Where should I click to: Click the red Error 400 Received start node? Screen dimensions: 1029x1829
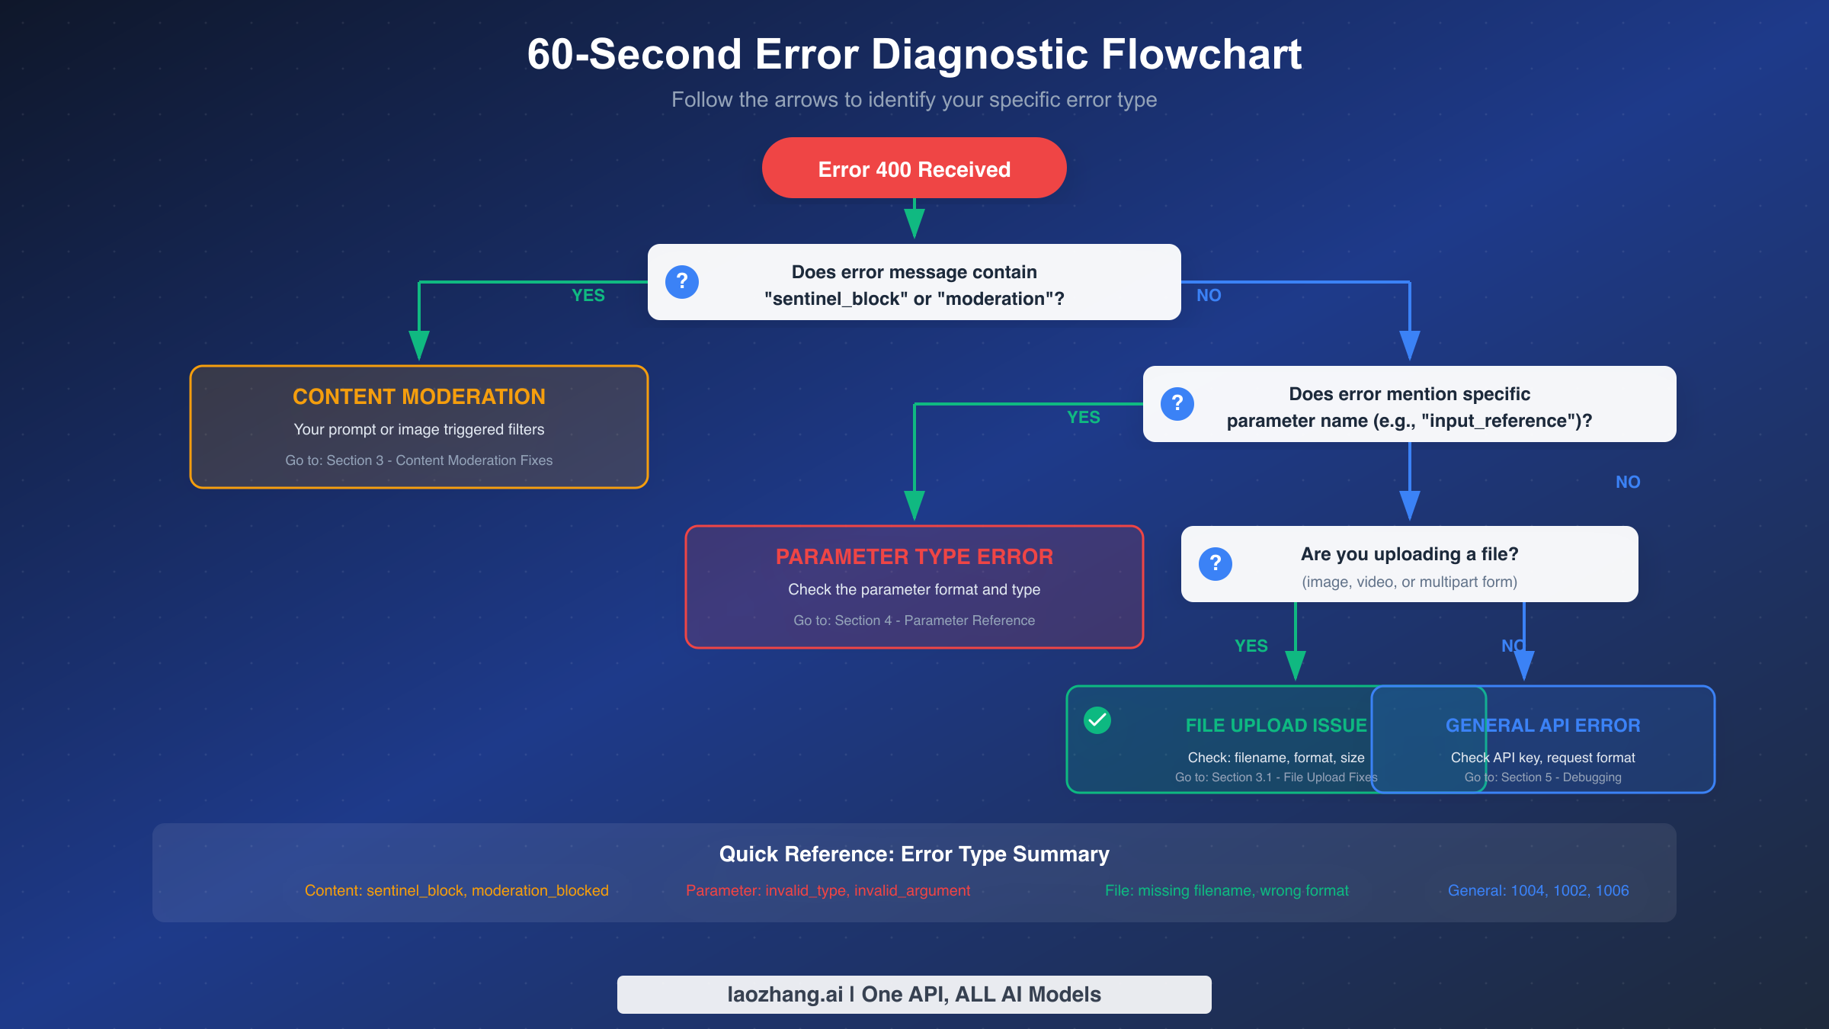[914, 168]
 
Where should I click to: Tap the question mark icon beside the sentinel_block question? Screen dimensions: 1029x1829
[682, 282]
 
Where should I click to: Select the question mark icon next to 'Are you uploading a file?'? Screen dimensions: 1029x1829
[1216, 564]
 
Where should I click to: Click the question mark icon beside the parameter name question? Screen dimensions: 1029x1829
[1177, 404]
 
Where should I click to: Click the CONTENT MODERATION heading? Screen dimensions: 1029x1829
[419, 396]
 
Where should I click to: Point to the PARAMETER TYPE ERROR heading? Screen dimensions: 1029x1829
[914, 556]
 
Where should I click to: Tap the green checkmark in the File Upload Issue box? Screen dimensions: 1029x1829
[1097, 720]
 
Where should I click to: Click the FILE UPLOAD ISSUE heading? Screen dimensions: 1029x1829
[1276, 726]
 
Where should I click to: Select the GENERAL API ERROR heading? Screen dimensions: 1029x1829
[1542, 726]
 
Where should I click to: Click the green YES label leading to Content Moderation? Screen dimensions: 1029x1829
[588, 296]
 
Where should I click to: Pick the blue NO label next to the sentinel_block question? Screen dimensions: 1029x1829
[1209, 296]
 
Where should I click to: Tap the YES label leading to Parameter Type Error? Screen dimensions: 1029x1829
[1084, 418]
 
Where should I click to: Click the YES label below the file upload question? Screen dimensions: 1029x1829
[1251, 646]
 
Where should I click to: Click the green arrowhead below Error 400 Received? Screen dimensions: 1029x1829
[914, 223]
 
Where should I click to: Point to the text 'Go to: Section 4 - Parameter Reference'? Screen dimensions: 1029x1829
[914, 620]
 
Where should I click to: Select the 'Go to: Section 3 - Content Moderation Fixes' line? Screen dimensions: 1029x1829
[419, 460]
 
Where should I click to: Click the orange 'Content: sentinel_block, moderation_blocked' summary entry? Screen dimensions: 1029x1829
[456, 890]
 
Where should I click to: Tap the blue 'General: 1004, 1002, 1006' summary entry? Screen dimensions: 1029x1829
[1538, 890]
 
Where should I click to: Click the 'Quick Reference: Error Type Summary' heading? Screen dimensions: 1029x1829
[914, 854]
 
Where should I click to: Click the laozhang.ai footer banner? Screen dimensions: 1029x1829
[914, 994]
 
